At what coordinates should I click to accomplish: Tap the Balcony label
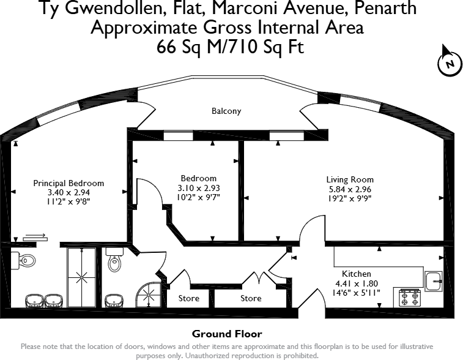point(226,111)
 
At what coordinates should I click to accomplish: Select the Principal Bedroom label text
point(69,183)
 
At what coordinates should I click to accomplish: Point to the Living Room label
point(350,179)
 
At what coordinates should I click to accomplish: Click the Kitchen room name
point(357,274)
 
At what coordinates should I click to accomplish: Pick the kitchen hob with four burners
point(409,298)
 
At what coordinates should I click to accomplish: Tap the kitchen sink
point(434,282)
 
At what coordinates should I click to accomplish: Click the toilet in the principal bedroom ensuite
point(27,261)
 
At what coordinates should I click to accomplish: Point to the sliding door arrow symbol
point(35,235)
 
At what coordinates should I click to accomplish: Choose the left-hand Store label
point(188,299)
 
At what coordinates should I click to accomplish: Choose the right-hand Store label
point(251,299)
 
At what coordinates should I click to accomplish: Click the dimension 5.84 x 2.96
point(350,189)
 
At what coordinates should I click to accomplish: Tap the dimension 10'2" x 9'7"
point(198,197)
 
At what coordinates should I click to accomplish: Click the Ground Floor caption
point(227,334)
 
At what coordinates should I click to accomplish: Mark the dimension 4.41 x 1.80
point(357,283)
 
